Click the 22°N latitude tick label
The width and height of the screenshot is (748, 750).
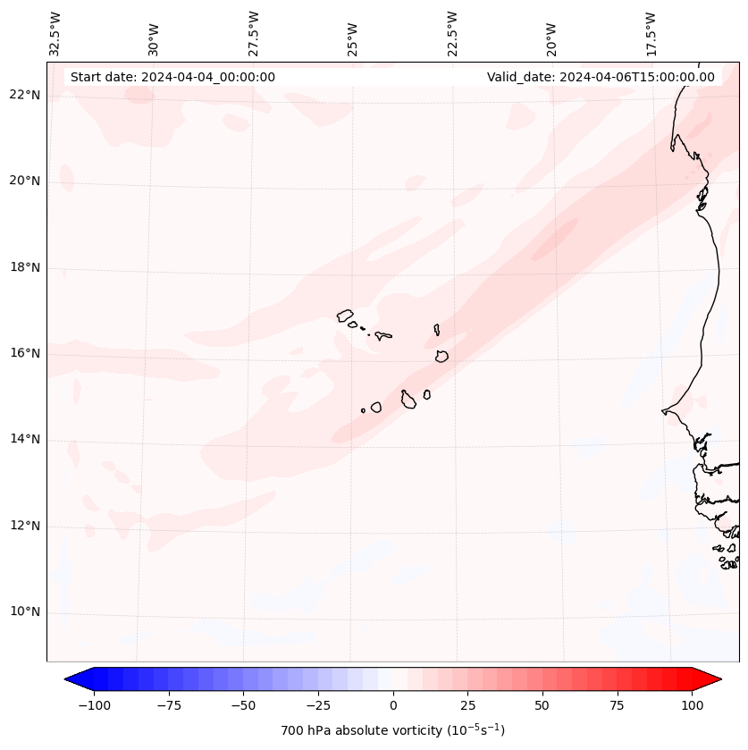[x=25, y=96]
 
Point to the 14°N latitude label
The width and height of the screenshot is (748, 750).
[x=25, y=440]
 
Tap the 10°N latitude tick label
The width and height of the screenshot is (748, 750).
[x=25, y=612]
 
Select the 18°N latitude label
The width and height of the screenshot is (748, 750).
[x=25, y=267]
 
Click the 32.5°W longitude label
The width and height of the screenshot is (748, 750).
[x=55, y=33]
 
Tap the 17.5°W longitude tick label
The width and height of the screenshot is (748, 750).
[x=651, y=33]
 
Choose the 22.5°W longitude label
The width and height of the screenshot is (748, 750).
[x=452, y=33]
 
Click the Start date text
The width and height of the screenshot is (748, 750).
[x=172, y=78]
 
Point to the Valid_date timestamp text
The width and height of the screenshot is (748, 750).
[x=601, y=78]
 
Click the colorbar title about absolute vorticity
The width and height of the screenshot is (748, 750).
[x=393, y=730]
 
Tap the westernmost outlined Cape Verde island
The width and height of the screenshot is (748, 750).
[x=345, y=315]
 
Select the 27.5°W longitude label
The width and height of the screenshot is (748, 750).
[x=254, y=33]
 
